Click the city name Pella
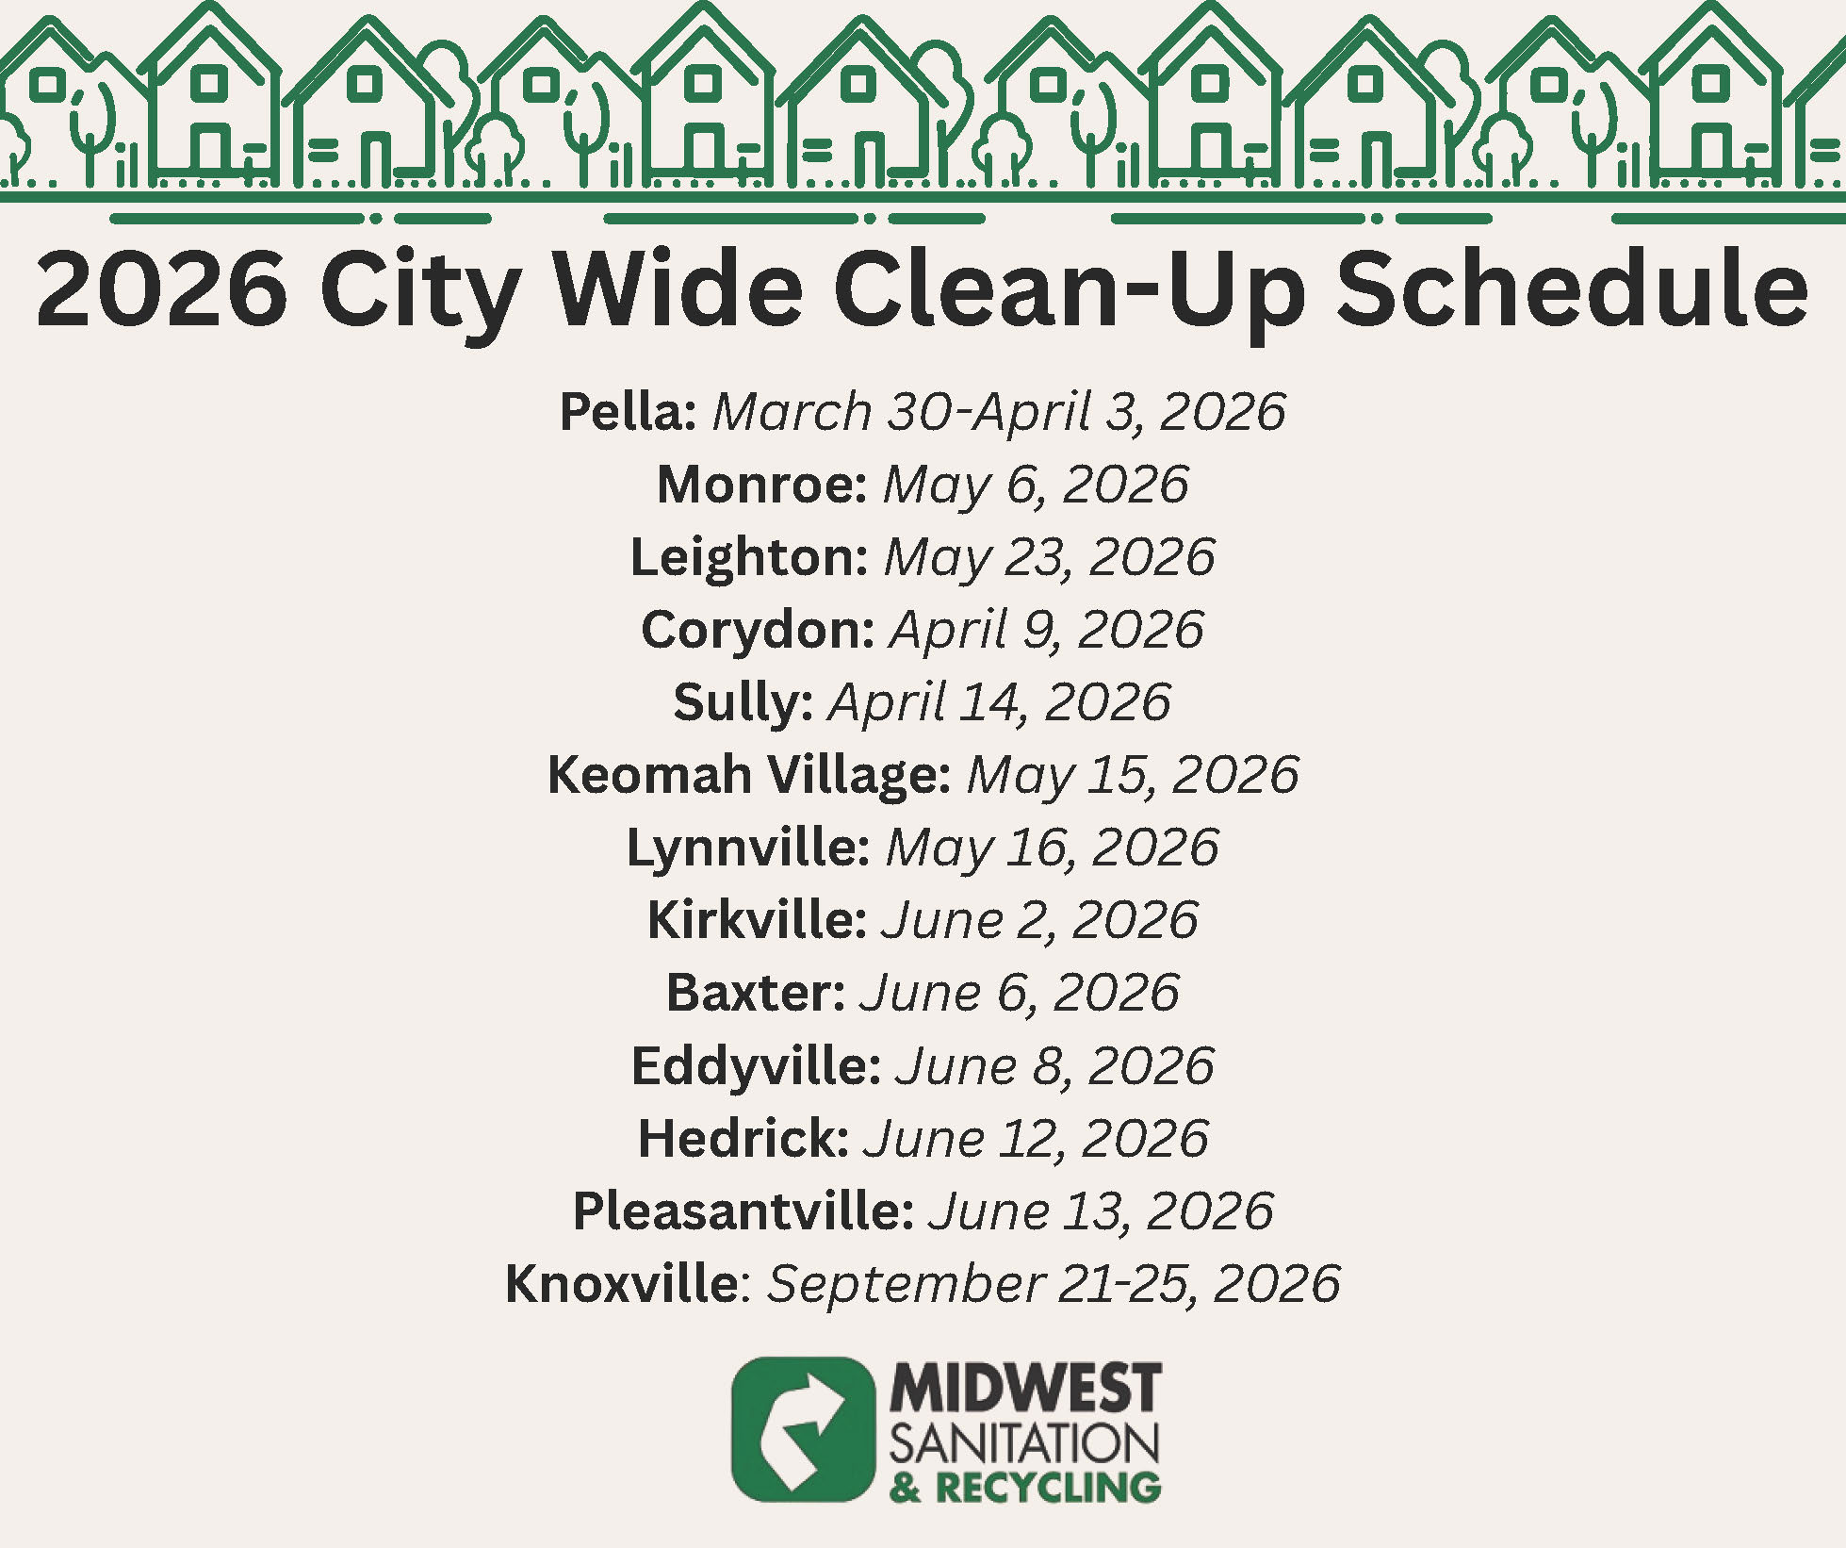pyautogui.click(x=627, y=412)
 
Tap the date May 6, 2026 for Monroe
pyautogui.click(x=1035, y=485)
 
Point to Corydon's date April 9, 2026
pyautogui.click(x=1046, y=630)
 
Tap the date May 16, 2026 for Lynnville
pyautogui.click(x=1052, y=848)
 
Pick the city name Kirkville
pyautogui.click(x=756, y=920)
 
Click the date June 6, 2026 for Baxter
pyautogui.click(x=1019, y=993)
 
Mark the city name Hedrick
pyautogui.click(x=743, y=1139)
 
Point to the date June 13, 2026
pyautogui.click(x=1101, y=1211)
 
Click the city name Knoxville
pyautogui.click(x=622, y=1284)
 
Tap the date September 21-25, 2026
pyautogui.click(x=1053, y=1284)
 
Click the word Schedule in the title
pyautogui.click(x=1571, y=289)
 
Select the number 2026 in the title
pyautogui.click(x=162, y=289)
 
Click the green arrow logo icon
pyautogui.click(x=803, y=1429)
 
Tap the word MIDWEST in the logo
pyautogui.click(x=1025, y=1388)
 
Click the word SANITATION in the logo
pyautogui.click(x=1024, y=1442)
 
